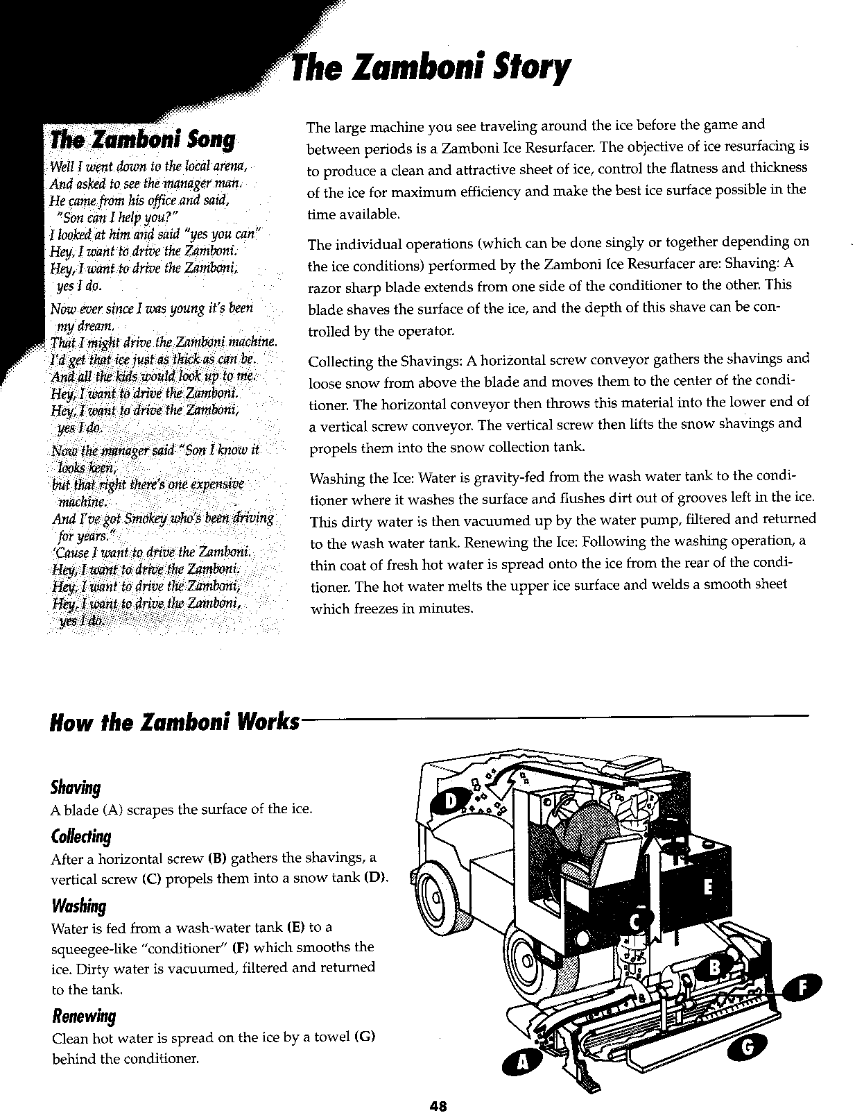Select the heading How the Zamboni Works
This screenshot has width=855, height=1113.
click(175, 722)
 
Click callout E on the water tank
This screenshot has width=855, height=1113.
click(707, 886)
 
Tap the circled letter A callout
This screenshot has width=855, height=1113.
click(524, 1062)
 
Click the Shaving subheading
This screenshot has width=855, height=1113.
click(76, 788)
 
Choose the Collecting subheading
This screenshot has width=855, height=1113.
click(81, 837)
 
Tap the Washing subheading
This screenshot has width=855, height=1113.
click(78, 906)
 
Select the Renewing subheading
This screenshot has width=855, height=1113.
click(83, 1017)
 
